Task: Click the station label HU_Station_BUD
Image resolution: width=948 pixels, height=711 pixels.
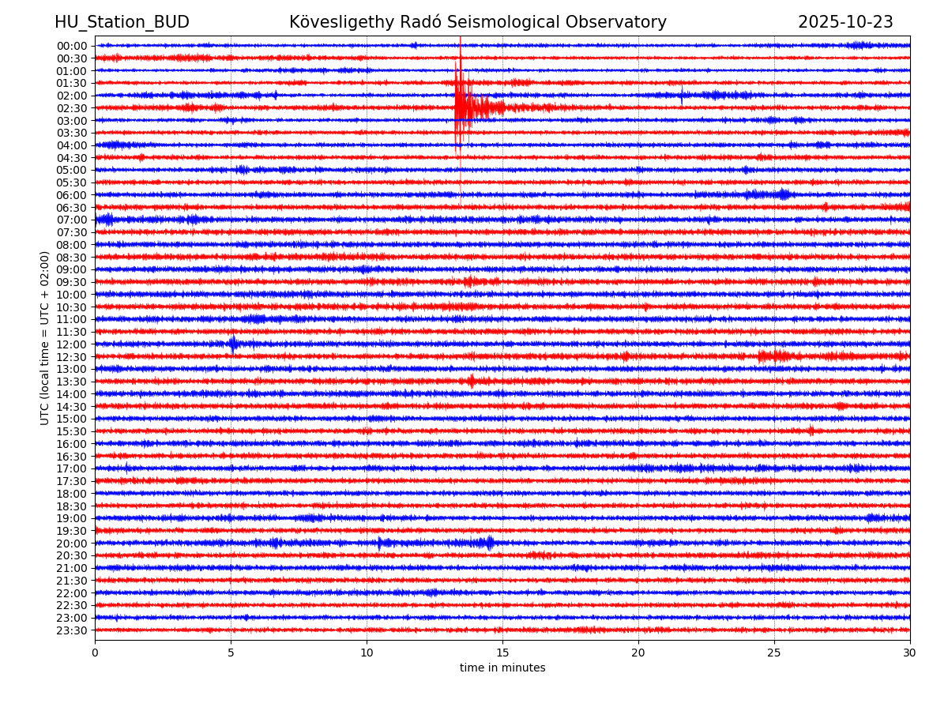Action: [x=122, y=22]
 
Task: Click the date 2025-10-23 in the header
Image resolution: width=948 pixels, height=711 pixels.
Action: [x=845, y=22]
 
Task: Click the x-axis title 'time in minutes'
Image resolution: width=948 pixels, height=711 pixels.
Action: [x=502, y=668]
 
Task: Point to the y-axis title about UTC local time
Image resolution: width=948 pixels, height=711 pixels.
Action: [x=45, y=337]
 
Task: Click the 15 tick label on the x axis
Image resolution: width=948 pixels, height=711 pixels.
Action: [x=502, y=653]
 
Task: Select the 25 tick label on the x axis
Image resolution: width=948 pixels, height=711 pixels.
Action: [x=774, y=653]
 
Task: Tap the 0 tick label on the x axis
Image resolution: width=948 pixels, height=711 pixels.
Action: [x=95, y=653]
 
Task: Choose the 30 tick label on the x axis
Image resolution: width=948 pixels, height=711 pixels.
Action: [x=909, y=653]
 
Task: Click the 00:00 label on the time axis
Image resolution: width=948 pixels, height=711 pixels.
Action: [x=72, y=46]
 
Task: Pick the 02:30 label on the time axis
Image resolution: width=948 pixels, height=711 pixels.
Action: [x=72, y=108]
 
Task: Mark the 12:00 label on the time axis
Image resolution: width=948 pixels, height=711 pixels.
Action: [x=72, y=344]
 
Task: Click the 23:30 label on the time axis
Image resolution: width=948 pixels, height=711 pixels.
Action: [x=72, y=630]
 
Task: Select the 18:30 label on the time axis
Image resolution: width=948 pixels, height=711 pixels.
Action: [x=72, y=506]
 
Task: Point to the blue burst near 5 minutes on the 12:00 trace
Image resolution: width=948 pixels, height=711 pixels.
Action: [x=233, y=344]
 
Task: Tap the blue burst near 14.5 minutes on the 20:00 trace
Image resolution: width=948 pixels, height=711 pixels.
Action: [x=488, y=543]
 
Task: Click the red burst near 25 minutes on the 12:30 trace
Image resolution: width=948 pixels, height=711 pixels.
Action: [x=774, y=356]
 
